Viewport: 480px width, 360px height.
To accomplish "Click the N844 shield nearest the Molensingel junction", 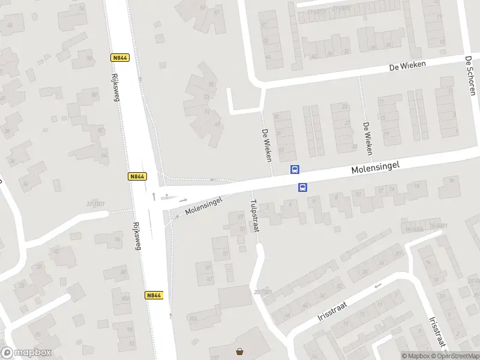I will click(x=137, y=176).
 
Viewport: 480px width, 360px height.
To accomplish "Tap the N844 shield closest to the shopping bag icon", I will click(x=154, y=295).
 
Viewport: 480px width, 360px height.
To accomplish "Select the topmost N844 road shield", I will click(x=120, y=58).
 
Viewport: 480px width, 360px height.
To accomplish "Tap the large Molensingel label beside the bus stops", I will click(x=375, y=167).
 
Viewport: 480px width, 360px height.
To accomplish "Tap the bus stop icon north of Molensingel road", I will click(x=295, y=169).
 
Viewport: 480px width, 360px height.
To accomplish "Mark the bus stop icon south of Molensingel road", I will click(x=303, y=187).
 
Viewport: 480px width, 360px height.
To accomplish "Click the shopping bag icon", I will click(x=240, y=352).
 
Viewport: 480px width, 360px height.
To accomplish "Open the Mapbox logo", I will click(x=26, y=353).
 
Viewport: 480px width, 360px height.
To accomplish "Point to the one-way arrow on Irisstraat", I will click(x=377, y=286).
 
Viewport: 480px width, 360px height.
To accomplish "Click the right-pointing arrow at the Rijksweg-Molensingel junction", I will click(x=183, y=200).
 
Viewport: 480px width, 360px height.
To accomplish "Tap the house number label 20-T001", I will click(x=259, y=292).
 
